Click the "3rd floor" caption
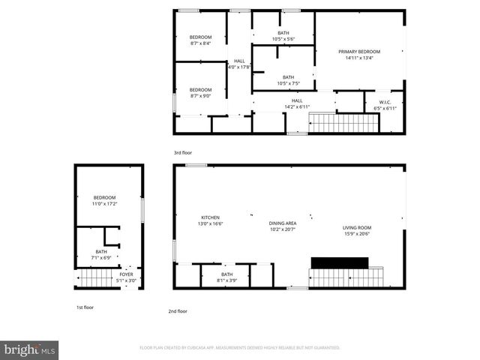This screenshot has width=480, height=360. (x=183, y=153)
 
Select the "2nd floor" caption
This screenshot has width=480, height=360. (x=178, y=310)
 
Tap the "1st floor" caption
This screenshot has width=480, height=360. (x=85, y=307)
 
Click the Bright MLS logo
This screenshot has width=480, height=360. (x=30, y=349)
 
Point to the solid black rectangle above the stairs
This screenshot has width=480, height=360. (x=340, y=262)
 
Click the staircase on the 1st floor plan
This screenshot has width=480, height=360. (x=91, y=280)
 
